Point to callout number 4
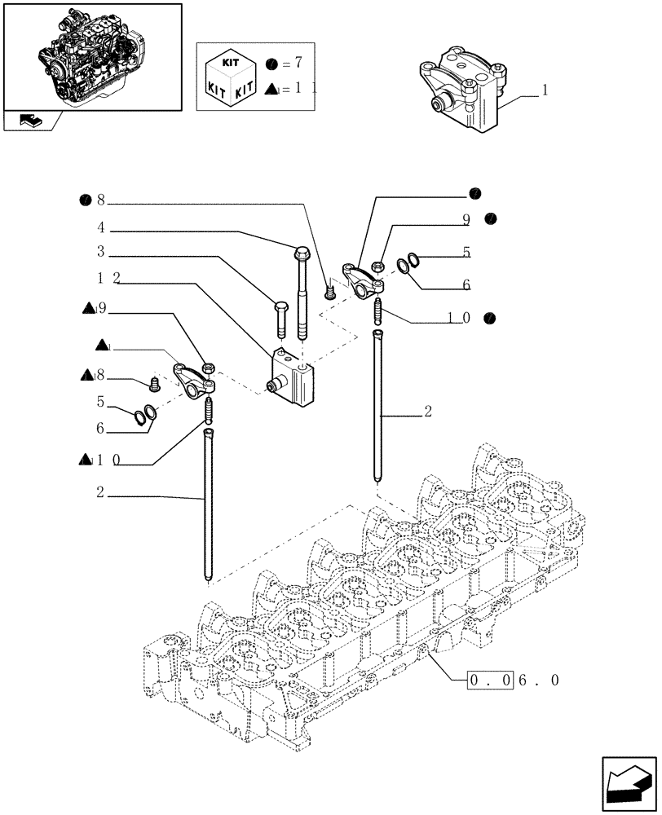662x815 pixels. pyautogui.click(x=100, y=228)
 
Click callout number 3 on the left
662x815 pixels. pyautogui.click(x=100, y=252)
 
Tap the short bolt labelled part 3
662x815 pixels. pyautogui.click(x=280, y=319)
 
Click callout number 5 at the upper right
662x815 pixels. pyautogui.click(x=466, y=253)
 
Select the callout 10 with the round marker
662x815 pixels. pyautogui.click(x=458, y=318)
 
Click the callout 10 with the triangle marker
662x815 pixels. pyautogui.click(x=108, y=460)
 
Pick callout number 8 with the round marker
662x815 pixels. pyautogui.click(x=101, y=200)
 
